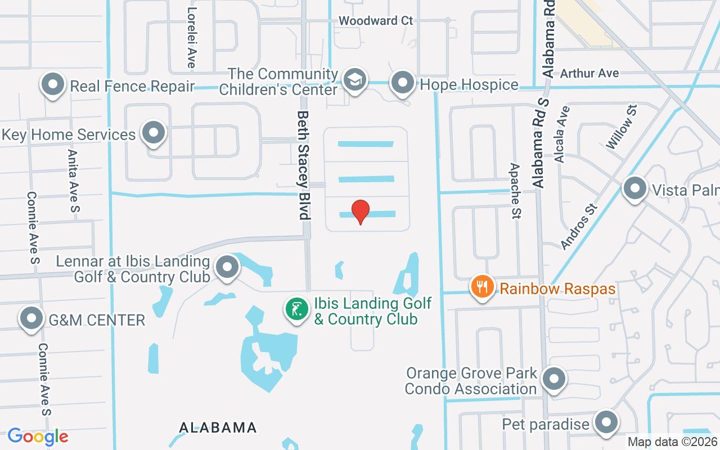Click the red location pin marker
[x=360, y=211]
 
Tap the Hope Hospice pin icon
[x=403, y=82]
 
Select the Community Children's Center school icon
[x=355, y=80]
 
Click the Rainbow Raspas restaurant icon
[x=482, y=287]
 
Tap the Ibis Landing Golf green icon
[x=296, y=309]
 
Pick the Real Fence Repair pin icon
[x=53, y=84]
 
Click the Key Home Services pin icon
[x=153, y=133]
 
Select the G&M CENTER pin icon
[x=31, y=318]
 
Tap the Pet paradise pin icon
[x=606, y=421]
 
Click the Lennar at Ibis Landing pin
[x=228, y=267]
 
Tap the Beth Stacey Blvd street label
[x=304, y=165]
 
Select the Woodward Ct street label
[x=376, y=21]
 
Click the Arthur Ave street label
[x=589, y=73]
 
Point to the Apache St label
[x=515, y=191]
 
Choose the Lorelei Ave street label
[x=192, y=38]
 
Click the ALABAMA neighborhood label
[x=218, y=427]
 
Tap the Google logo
[x=38, y=436]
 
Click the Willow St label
[x=621, y=127]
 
